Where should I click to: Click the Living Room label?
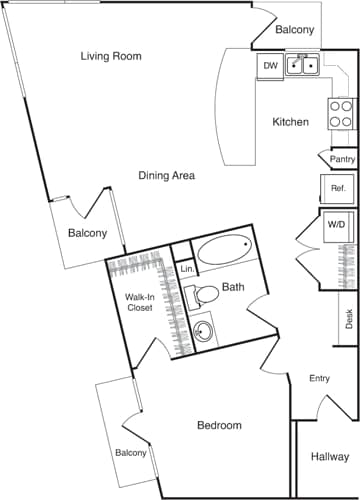click(x=111, y=56)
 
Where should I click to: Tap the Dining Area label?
click(x=166, y=175)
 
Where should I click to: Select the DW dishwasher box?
click(x=270, y=66)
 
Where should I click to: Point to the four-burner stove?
click(x=341, y=111)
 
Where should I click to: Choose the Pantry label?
click(x=342, y=158)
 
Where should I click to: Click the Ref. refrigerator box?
click(x=337, y=188)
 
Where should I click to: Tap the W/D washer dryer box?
click(x=337, y=225)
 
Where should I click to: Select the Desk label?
click(x=349, y=319)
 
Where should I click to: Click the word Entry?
click(x=320, y=378)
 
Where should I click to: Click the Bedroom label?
click(x=219, y=425)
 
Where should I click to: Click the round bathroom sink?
click(x=204, y=331)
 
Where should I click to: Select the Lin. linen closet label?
click(x=186, y=270)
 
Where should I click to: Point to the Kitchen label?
click(x=290, y=122)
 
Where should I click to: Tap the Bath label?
click(x=233, y=288)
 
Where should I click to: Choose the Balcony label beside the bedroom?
click(x=130, y=453)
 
